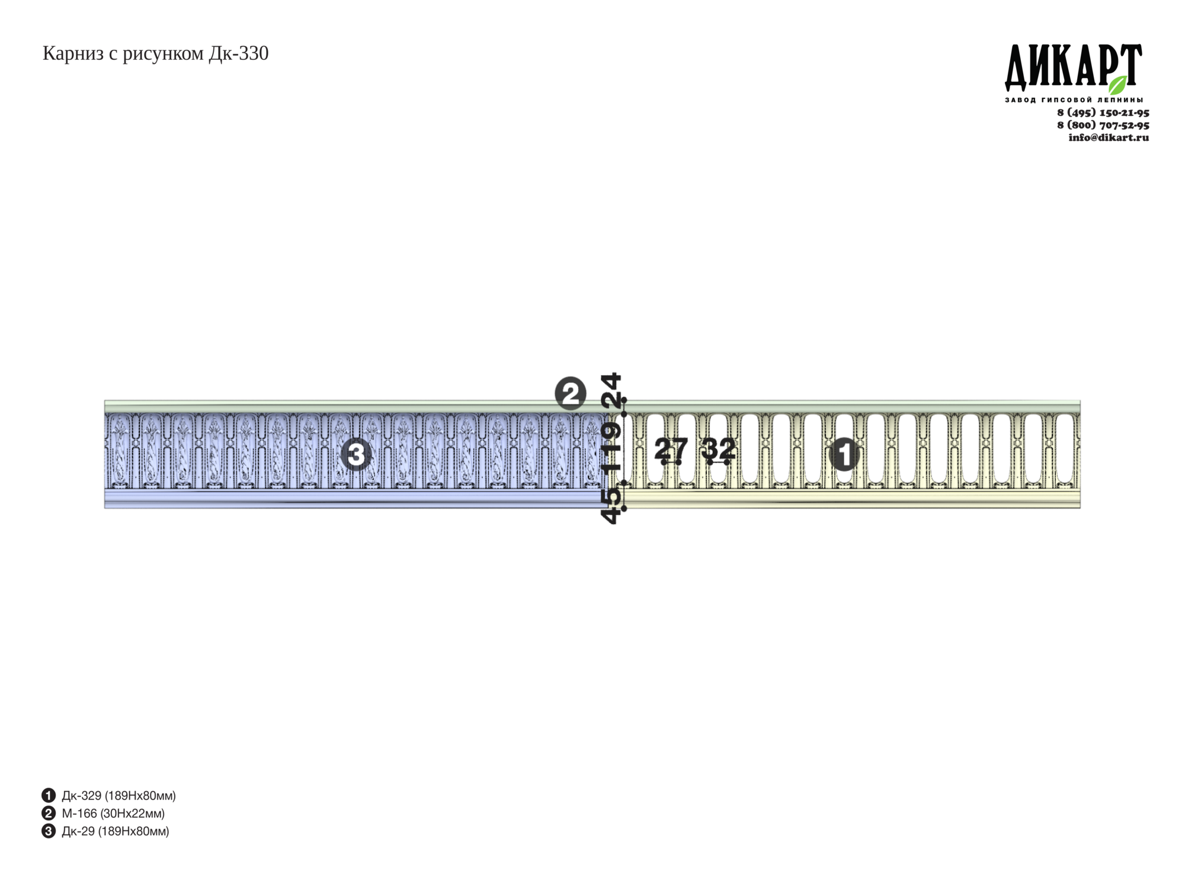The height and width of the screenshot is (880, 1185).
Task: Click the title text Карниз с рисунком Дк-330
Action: click(155, 54)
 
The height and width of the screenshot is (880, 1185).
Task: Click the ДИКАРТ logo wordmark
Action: click(1073, 66)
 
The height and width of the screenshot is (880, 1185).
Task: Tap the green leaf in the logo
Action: click(1118, 85)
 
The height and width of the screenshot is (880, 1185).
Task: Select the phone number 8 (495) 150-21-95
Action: click(1103, 113)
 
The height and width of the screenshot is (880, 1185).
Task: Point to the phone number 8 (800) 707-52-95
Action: click(1103, 125)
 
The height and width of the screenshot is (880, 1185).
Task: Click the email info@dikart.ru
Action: click(1109, 137)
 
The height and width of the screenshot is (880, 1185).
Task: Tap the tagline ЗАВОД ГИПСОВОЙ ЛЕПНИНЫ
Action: click(1074, 100)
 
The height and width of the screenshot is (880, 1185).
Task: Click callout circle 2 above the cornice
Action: click(570, 394)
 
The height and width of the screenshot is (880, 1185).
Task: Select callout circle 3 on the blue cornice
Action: click(355, 455)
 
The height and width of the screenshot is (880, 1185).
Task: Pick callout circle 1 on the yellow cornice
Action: click(844, 455)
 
